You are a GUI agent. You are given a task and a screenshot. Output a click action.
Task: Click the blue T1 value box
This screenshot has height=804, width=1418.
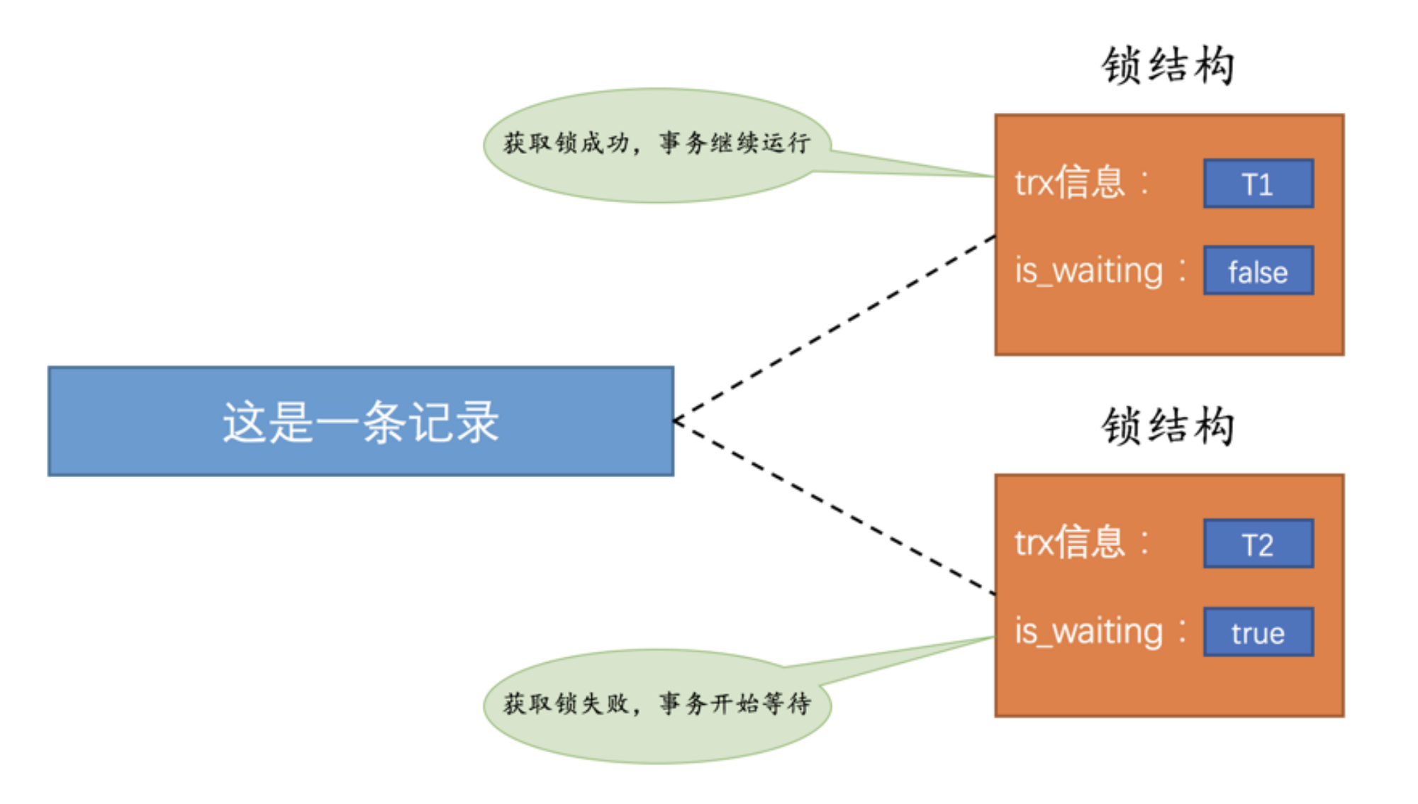click(1258, 184)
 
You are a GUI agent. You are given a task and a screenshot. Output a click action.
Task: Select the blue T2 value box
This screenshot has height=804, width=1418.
click(1258, 544)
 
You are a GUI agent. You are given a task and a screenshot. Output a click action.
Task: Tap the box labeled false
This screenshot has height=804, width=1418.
click(1258, 271)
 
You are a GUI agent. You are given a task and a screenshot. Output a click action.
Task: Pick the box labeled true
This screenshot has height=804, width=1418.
click(1258, 632)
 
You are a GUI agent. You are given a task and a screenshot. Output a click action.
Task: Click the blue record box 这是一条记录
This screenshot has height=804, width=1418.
click(360, 421)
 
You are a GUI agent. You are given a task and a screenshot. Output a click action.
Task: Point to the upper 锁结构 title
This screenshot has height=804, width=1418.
click(1168, 66)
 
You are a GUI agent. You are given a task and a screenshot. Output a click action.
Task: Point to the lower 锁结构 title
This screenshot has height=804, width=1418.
click(1168, 426)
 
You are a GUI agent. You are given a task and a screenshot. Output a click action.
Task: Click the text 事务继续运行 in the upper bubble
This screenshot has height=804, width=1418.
click(735, 143)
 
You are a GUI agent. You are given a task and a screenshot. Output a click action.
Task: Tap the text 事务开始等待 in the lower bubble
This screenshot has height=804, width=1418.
click(735, 703)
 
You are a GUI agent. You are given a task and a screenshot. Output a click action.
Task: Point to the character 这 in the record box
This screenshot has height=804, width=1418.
click(245, 422)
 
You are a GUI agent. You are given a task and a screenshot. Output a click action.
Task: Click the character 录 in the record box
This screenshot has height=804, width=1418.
click(476, 422)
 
